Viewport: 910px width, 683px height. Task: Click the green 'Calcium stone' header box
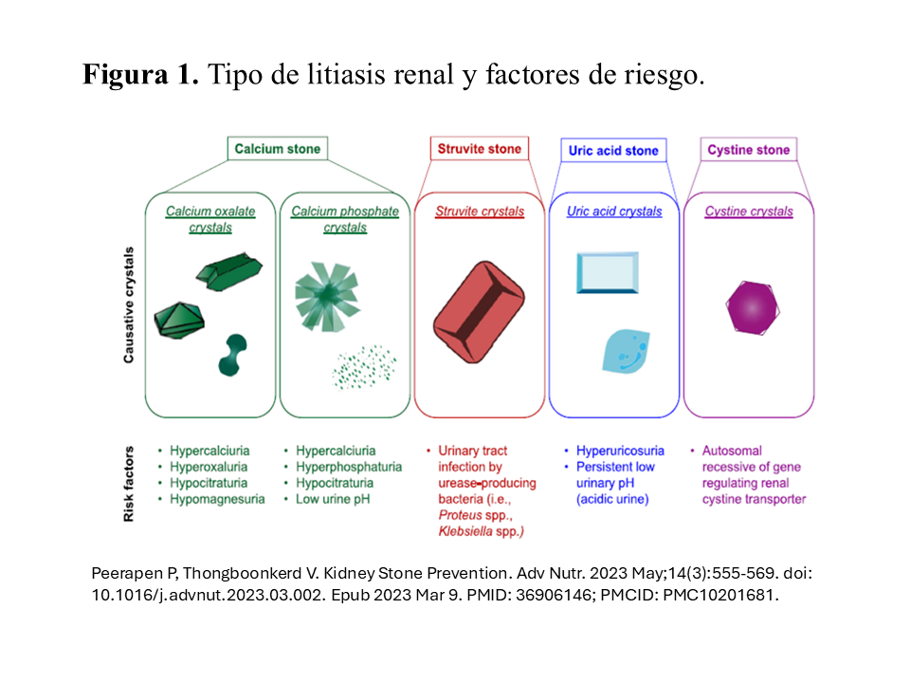[x=278, y=149]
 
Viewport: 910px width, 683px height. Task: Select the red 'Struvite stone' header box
[x=479, y=149]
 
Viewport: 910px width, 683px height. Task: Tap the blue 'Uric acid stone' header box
[x=613, y=151]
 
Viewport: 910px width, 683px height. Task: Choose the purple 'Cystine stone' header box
[x=748, y=150]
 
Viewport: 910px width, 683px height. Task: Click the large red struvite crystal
[x=480, y=310]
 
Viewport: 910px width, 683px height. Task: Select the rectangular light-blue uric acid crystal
[x=607, y=273]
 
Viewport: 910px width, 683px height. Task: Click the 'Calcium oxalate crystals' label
[x=211, y=219]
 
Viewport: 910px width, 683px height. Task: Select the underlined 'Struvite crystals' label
[x=480, y=212]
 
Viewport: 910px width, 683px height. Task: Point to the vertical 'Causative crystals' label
[x=128, y=305]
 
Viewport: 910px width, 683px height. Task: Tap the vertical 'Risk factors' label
[x=128, y=484]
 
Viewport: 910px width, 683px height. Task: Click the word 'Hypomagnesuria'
[x=214, y=498]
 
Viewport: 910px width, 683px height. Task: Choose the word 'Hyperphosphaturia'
[x=349, y=467]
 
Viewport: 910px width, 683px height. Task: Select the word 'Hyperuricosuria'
[x=621, y=451]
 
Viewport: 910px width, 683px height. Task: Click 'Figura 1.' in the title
[x=140, y=75]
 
